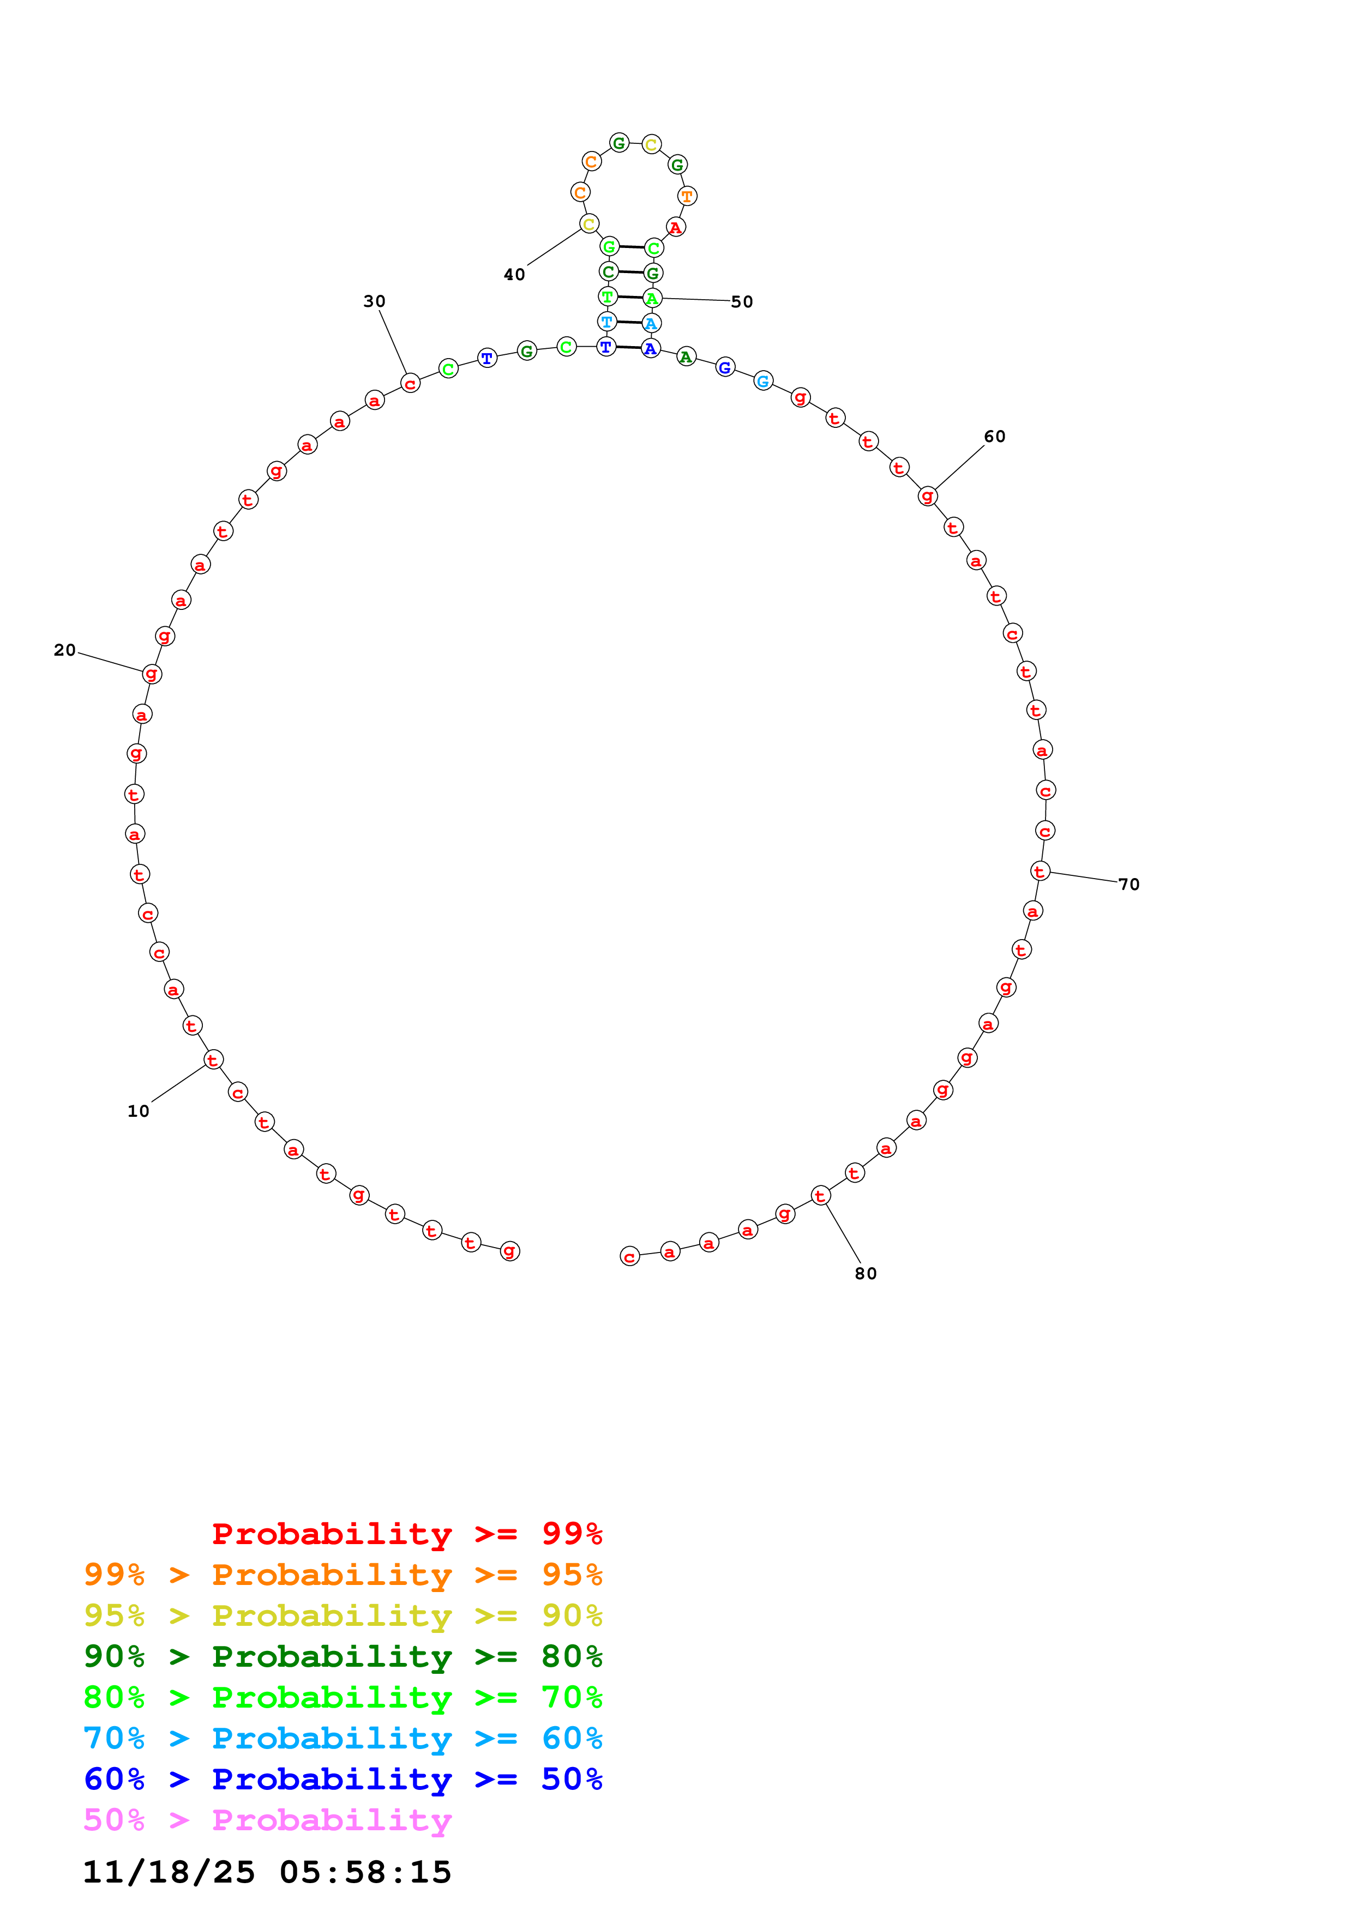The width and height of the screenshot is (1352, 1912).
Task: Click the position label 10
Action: [x=139, y=1111]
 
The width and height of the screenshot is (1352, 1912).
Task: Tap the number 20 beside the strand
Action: [x=65, y=650]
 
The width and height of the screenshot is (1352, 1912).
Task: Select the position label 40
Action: [x=514, y=275]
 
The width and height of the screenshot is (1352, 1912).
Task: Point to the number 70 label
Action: [x=1129, y=885]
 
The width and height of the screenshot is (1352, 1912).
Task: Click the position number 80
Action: [x=866, y=1273]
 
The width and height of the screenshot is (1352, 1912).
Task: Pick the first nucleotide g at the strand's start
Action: [x=510, y=1251]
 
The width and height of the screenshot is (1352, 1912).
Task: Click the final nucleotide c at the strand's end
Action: [x=630, y=1257]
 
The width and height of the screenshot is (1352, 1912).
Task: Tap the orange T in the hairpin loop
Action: [x=687, y=197]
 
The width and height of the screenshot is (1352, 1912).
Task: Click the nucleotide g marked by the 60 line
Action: [x=927, y=497]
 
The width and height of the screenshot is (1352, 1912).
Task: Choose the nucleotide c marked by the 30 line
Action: [x=410, y=384]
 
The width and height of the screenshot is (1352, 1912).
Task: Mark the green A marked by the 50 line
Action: [x=652, y=298]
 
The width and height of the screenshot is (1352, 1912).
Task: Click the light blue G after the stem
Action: [x=763, y=382]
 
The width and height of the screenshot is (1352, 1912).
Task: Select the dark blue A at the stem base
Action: [x=651, y=349]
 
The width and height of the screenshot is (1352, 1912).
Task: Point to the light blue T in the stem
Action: [x=607, y=322]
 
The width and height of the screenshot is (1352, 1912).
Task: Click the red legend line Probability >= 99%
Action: [x=406, y=1533]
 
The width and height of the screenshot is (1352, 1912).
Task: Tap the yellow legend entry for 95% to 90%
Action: [x=342, y=1615]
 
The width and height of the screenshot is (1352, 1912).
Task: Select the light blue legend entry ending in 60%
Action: [x=342, y=1738]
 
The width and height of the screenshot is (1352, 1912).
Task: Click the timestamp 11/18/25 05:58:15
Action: [x=267, y=1872]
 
